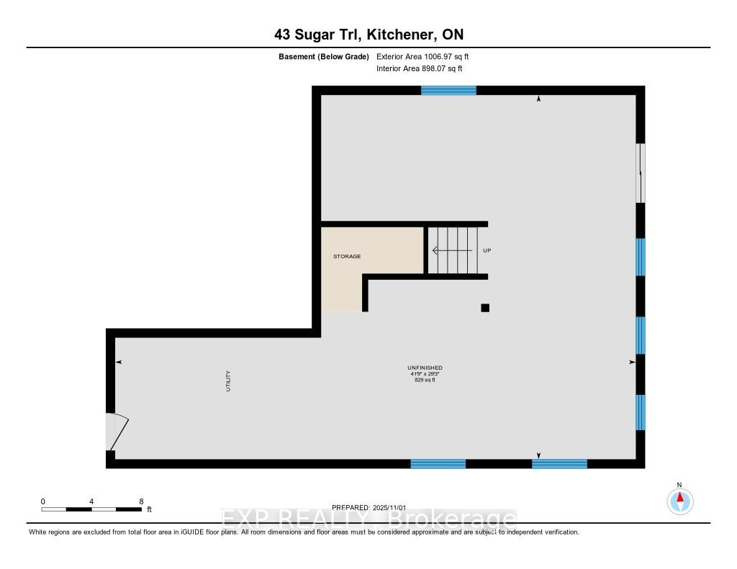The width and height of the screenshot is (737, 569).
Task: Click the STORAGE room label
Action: [347, 256]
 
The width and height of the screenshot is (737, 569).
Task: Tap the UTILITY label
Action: [228, 381]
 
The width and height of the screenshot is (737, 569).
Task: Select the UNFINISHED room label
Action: [425, 368]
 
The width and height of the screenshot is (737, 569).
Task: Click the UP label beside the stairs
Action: [487, 250]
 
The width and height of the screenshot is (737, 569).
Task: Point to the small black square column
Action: [485, 308]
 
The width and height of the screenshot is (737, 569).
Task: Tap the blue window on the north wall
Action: [448, 91]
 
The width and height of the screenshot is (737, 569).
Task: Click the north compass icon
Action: [679, 501]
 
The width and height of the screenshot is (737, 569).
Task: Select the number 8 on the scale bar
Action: [141, 501]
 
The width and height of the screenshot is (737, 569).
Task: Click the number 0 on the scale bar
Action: [42, 501]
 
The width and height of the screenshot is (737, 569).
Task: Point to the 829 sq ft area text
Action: [425, 380]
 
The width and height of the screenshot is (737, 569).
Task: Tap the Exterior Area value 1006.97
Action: [436, 57]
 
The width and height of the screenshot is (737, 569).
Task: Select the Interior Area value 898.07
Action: [433, 68]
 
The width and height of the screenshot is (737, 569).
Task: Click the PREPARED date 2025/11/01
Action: [389, 507]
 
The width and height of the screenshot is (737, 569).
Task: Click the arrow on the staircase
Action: [452, 251]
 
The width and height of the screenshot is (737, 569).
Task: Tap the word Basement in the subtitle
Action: [297, 57]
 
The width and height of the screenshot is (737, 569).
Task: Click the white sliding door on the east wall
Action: [640, 173]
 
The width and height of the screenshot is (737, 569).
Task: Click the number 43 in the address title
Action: [282, 35]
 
